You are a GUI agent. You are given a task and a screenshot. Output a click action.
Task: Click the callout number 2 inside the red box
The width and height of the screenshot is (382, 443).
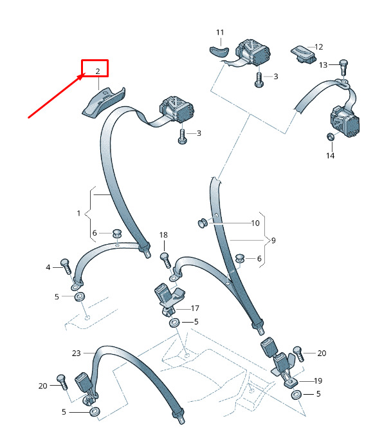pos(98,71)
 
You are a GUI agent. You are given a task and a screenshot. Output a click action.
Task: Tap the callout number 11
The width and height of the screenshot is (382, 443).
pos(220,32)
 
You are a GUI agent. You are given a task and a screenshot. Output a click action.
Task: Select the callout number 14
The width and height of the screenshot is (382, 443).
pos(331,156)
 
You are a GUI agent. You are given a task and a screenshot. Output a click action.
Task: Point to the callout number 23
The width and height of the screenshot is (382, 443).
pos(76,353)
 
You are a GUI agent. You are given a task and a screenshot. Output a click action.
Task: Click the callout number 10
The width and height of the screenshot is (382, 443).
pos(255,223)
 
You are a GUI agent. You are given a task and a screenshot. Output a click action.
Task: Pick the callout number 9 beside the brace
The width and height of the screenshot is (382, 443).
pos(273,240)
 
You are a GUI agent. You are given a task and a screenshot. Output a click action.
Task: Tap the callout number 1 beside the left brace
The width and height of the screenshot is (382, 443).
pos(78,213)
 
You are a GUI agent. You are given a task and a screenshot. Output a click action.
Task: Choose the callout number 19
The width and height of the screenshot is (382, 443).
pos(318,381)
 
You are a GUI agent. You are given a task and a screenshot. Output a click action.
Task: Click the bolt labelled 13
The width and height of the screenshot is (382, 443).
pos(343,67)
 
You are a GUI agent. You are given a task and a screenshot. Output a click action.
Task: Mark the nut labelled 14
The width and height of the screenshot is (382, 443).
pos(331,137)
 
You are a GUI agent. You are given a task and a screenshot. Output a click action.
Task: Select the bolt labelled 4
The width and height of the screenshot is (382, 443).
pos(66,266)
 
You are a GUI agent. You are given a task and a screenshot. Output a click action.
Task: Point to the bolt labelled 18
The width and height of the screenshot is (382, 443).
pos(166,261)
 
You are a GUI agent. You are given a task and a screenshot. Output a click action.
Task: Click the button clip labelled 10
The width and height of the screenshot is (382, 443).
pos(203,223)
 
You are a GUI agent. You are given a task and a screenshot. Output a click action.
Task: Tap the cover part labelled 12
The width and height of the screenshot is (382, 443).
pos(303,55)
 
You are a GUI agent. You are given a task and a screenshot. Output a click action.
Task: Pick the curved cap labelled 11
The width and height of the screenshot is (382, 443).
pos(219,52)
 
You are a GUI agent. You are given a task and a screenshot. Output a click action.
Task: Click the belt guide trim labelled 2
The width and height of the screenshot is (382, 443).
pos(104,102)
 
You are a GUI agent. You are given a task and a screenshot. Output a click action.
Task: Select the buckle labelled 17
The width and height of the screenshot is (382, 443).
pos(168,300)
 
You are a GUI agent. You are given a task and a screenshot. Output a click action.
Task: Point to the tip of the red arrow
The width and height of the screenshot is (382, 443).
pos(85,74)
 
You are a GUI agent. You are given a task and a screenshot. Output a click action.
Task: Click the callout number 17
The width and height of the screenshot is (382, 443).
pos(195,308)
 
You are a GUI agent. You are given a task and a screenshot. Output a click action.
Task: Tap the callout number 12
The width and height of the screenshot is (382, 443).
pos(319,47)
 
